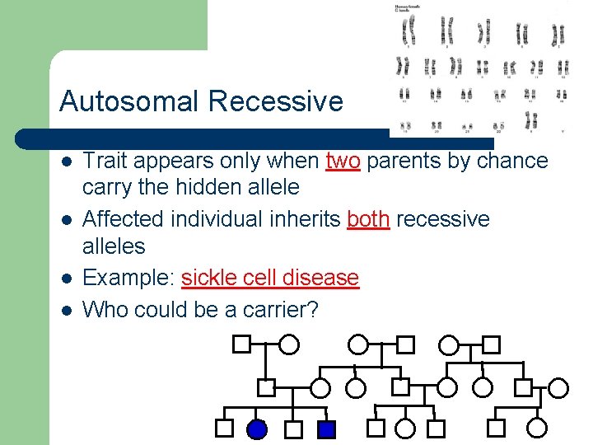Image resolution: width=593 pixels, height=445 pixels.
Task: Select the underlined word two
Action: [343, 161]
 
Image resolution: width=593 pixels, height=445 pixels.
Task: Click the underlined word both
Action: [368, 219]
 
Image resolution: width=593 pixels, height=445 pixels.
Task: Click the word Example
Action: [128, 278]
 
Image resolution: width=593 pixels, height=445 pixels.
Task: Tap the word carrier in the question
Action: [280, 310]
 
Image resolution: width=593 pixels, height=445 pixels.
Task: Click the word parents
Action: [404, 161]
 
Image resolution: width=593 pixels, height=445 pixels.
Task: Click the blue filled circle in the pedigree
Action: [257, 429]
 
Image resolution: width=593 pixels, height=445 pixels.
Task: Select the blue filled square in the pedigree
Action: [326, 429]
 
